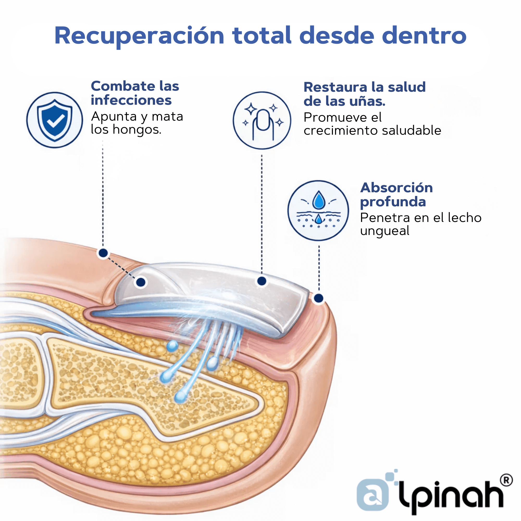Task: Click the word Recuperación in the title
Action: pos(139,36)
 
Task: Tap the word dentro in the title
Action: pos(424,36)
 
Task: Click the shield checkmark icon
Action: pos(55,120)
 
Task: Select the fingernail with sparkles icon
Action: pos(262,121)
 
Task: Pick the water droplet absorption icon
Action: pos(318,210)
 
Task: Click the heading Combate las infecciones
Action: pos(135,93)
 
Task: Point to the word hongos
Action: pos(137,130)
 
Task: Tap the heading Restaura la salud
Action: pos(364,87)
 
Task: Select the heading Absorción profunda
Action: pos(396,194)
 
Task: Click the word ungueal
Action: pos(384,231)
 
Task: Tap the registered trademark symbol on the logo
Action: pos(506,480)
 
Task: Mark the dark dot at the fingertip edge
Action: pos(319,298)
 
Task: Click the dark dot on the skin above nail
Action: pos(103,253)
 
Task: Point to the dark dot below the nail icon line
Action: pos(262,281)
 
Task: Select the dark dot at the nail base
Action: pos(141,282)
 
